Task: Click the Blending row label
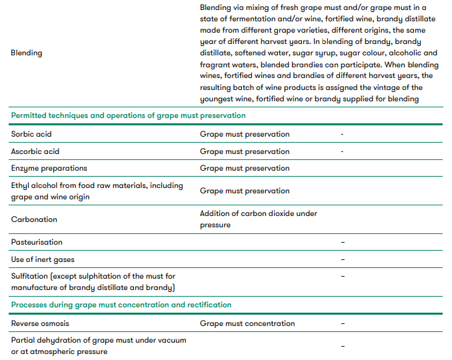tap(27, 53)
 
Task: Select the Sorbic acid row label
tap(31, 134)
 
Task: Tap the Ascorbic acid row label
tap(35, 151)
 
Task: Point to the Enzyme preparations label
tap(49, 168)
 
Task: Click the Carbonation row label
tap(34, 219)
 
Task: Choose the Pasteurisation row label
tap(37, 242)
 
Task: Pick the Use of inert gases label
tap(43, 259)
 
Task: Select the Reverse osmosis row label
tap(41, 323)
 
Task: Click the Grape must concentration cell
tap(247, 323)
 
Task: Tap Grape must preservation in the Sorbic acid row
tap(245, 134)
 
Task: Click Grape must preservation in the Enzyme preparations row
tap(245, 168)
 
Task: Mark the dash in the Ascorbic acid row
tap(342, 151)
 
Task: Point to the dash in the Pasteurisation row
tap(343, 242)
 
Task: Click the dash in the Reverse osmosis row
tap(343, 323)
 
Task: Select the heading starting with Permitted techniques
tap(128, 115)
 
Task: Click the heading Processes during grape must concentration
tap(121, 305)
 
